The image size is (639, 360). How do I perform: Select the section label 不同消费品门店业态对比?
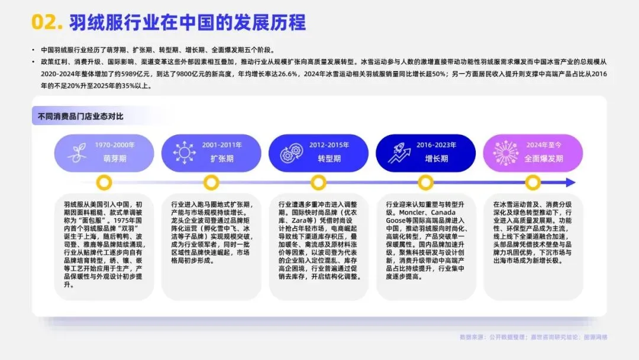coord(77,116)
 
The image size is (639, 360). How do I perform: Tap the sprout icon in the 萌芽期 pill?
coord(76,153)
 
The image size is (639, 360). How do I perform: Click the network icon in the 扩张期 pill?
coord(184,153)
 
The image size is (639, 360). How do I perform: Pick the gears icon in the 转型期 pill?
coord(291,153)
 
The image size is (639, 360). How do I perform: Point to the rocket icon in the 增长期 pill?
coord(399,153)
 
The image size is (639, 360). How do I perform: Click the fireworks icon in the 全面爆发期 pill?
coord(506,153)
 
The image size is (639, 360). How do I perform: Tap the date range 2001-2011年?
coord(222,144)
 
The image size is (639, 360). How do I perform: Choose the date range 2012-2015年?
coord(329,144)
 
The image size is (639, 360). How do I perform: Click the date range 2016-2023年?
coord(437,144)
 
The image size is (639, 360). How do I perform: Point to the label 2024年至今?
coord(543,144)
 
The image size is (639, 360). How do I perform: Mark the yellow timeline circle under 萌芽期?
coord(105,182)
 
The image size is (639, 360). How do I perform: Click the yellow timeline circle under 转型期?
coord(318,182)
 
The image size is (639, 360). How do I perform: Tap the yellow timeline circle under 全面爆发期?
coord(532,182)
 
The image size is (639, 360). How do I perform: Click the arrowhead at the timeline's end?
coord(570,182)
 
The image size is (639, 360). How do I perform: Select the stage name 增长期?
coord(437,159)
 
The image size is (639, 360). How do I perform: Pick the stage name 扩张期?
coord(222,159)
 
